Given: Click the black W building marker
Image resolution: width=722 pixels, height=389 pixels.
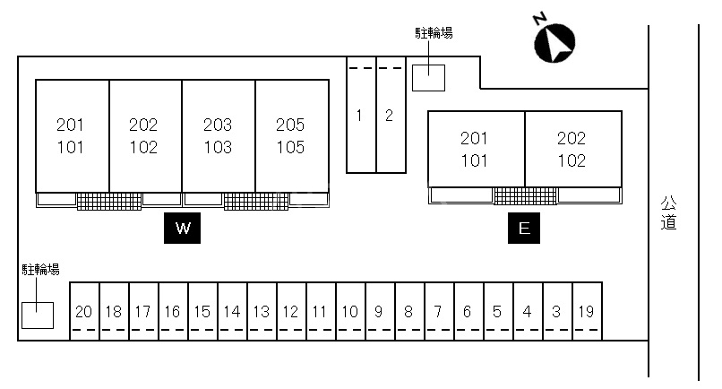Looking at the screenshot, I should (x=183, y=228).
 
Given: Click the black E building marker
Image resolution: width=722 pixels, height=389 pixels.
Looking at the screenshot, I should (x=524, y=228).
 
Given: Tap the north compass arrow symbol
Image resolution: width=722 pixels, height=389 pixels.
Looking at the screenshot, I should (x=554, y=42).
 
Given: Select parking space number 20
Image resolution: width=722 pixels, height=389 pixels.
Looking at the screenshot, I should (x=84, y=312).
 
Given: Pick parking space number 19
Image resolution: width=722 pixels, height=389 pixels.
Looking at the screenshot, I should (x=586, y=312).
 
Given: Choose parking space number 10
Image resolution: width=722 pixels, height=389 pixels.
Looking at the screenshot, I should (x=349, y=312).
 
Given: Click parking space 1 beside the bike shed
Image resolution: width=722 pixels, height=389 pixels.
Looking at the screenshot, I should (x=359, y=115).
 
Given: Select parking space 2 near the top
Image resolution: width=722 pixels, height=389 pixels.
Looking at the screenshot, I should (x=389, y=115).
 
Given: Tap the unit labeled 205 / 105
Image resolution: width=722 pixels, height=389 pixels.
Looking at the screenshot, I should (x=290, y=135).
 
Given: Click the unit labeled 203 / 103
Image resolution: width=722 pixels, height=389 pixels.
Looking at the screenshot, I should (x=218, y=135).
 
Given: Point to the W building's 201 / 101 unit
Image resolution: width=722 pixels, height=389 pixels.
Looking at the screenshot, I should (x=71, y=135).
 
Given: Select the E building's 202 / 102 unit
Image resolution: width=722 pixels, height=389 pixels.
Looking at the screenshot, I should (x=572, y=150).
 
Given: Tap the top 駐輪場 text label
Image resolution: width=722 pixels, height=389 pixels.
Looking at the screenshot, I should (x=434, y=33).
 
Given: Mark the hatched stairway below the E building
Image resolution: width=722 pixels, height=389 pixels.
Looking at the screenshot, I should (x=525, y=195).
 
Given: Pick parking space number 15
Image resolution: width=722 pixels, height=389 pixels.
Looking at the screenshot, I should (x=202, y=312).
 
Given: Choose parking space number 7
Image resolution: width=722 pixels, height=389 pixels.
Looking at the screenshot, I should (x=438, y=312).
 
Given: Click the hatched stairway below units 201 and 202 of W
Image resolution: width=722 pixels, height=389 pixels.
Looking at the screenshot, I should (x=108, y=201).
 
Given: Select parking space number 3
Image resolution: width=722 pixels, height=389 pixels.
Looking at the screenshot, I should (x=556, y=312).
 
